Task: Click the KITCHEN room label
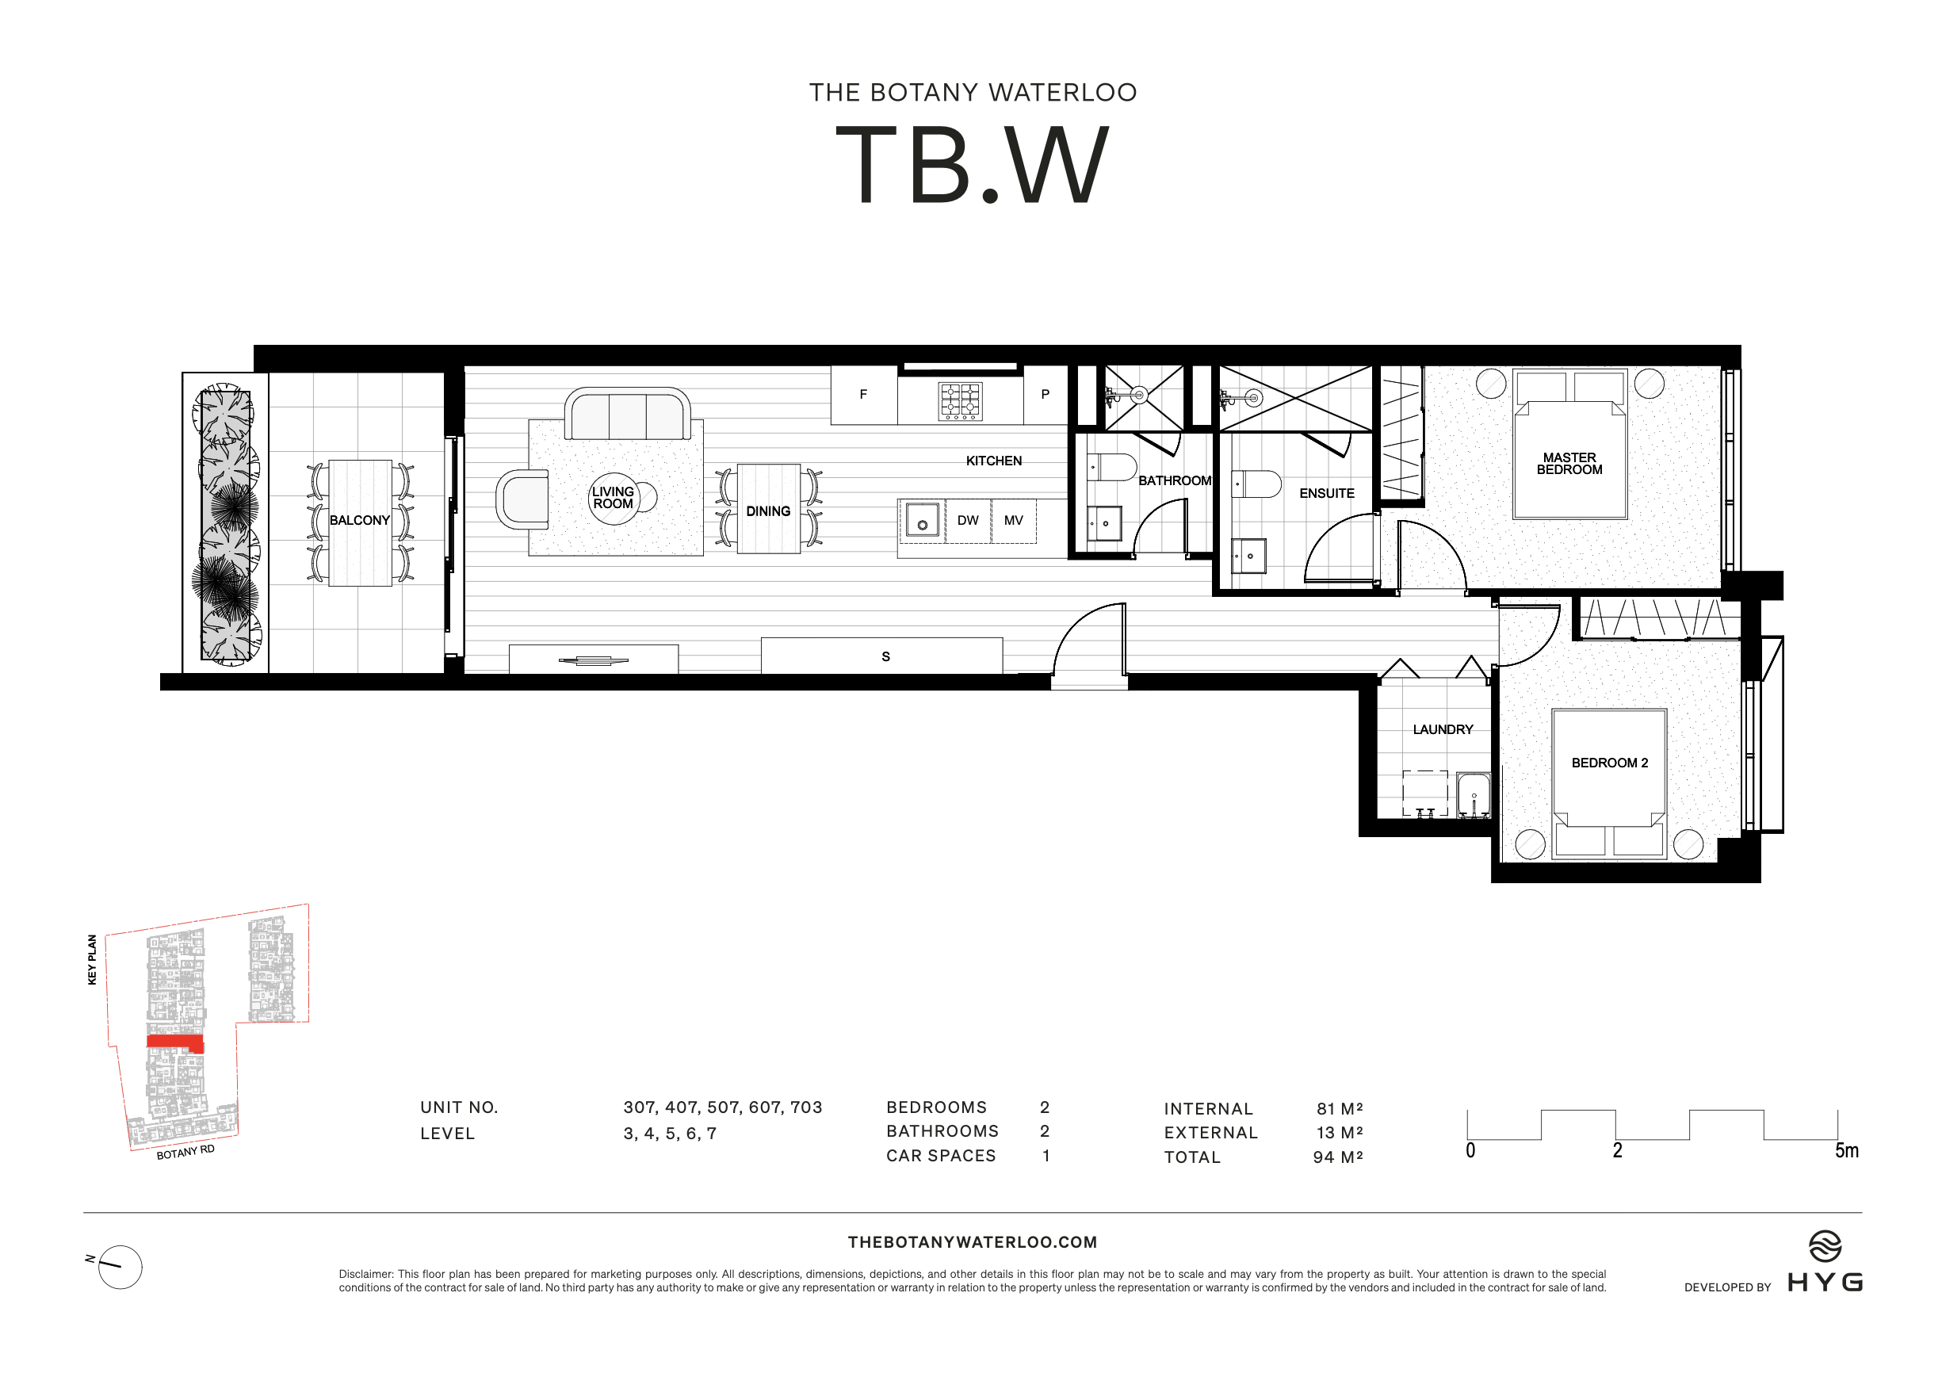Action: coord(993,461)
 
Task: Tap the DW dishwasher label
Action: coord(968,520)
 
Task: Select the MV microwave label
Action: coord(1013,520)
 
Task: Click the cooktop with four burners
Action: coord(960,401)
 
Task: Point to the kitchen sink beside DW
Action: coord(922,520)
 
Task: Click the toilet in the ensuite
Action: coord(1258,484)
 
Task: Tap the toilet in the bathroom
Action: coord(1111,467)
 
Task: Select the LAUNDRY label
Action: coord(1443,729)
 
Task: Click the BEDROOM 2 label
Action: coord(1610,763)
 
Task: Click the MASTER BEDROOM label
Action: coord(1569,464)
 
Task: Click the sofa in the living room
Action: coord(627,414)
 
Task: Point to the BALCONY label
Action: coord(360,520)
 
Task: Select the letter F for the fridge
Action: coord(862,394)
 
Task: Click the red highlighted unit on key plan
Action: coord(174,1042)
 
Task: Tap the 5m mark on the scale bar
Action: coord(1846,1150)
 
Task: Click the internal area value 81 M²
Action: coord(1339,1109)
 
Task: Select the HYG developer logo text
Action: coord(1825,1283)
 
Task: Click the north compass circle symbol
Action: coord(120,1268)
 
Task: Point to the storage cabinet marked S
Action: coord(885,656)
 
